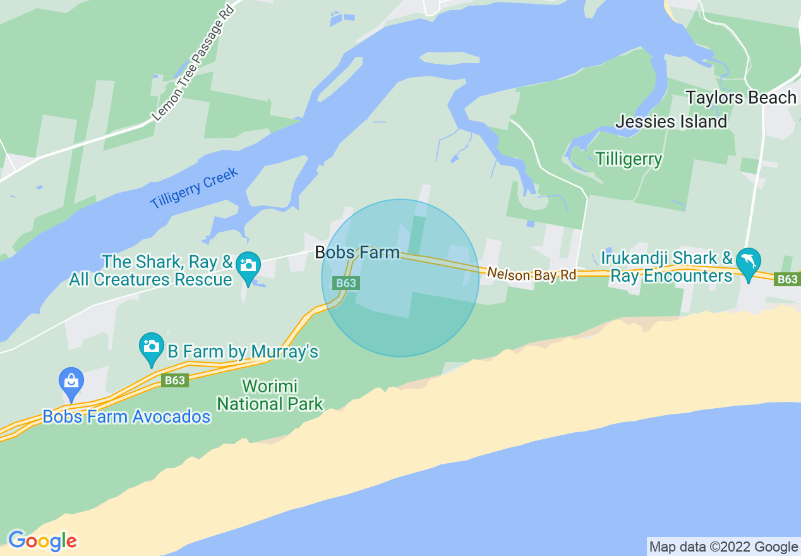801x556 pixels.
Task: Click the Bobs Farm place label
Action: [x=357, y=253]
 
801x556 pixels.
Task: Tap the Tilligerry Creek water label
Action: [x=194, y=188]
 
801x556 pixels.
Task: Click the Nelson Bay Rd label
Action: [x=531, y=274]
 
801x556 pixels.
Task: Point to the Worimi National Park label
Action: [x=270, y=395]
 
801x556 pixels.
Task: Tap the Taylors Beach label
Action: [x=740, y=98]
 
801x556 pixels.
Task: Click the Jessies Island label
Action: [x=671, y=121]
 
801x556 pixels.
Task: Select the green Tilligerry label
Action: [x=629, y=159]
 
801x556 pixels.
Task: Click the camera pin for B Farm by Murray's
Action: [x=152, y=347]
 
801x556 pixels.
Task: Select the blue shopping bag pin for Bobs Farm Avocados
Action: [x=71, y=382]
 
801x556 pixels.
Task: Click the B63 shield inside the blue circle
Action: [x=346, y=283]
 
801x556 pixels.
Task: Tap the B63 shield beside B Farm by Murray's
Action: [x=174, y=380]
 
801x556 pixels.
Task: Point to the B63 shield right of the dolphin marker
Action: [x=787, y=279]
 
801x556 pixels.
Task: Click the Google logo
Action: [x=42, y=541]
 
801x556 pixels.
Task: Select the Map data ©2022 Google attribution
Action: [x=723, y=547]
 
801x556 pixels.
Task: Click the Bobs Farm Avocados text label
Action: [x=126, y=417]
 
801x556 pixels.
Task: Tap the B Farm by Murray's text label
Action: [x=243, y=351]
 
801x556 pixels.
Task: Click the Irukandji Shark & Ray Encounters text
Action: [x=666, y=267]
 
